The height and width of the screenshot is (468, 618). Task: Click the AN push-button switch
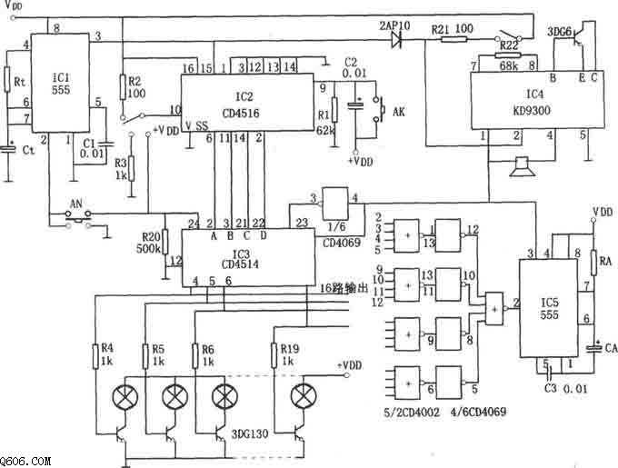coord(74,215)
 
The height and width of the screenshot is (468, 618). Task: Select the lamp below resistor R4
coord(122,397)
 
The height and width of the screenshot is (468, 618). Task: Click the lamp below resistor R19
coord(301,397)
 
